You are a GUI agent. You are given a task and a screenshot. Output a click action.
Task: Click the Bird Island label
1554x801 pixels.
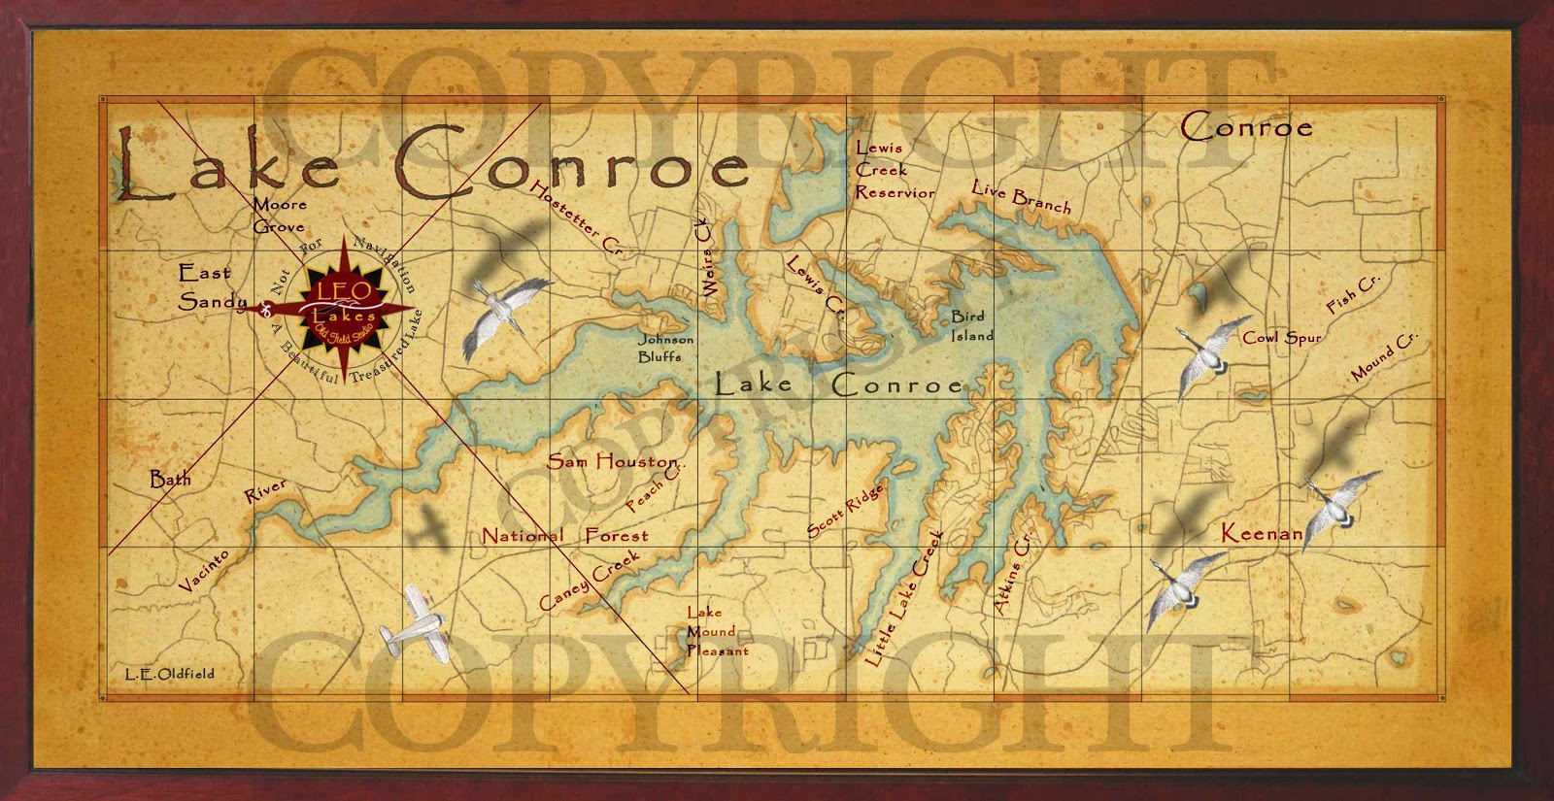(971, 326)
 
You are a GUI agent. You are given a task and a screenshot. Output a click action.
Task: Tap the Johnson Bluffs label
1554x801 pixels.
(665, 348)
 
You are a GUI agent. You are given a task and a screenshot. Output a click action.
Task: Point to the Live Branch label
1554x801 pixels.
(1022, 195)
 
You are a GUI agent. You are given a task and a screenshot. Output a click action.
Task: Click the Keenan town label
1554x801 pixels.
(1261, 532)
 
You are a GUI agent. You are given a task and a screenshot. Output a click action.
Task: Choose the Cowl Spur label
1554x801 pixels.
(1282, 338)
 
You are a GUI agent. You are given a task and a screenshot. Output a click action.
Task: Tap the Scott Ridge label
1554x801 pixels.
(845, 510)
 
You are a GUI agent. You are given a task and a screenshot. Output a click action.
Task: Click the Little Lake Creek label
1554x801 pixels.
(902, 599)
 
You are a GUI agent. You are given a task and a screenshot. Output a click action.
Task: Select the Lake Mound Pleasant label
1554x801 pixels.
(716, 631)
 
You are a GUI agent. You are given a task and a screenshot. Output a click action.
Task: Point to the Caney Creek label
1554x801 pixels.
(590, 581)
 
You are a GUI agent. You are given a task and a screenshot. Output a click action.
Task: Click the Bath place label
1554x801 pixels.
(170, 479)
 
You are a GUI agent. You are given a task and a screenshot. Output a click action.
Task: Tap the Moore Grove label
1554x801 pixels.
(279, 216)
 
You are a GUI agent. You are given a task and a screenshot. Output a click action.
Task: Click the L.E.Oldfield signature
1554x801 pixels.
(169, 673)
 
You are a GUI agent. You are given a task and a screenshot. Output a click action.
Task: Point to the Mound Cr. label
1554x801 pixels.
(1384, 356)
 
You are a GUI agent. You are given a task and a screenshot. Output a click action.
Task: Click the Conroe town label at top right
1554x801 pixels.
(1246, 127)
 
